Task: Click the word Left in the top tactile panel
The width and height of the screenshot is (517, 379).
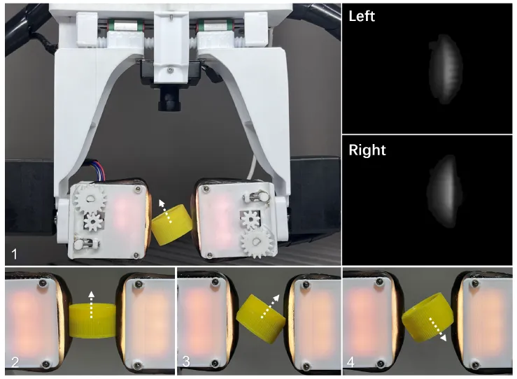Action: pos(362,16)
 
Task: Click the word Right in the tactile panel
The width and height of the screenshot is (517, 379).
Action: pos(367,150)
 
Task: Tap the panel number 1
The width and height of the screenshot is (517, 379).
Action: pos(14,254)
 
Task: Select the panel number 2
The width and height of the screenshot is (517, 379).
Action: pos(15,362)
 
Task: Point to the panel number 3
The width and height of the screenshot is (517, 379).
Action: pos(186,362)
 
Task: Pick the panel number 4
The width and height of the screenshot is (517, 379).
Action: pos(350,362)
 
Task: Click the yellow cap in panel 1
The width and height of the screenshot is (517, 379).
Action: pos(172,224)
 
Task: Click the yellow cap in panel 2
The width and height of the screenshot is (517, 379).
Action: pos(92,321)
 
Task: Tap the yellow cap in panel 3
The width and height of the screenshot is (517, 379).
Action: pos(260,318)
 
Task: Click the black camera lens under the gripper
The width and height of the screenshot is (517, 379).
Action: pos(169,100)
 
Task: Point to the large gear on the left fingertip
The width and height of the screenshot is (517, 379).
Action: pos(90,199)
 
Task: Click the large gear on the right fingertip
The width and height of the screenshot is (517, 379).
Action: pos(256,243)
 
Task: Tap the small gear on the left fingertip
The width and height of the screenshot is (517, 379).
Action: pos(92,222)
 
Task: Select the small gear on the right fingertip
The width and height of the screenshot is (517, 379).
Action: pos(250,220)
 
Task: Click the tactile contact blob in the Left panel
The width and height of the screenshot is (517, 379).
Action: pos(445,69)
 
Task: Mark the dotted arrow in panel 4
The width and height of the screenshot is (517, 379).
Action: pos(437,329)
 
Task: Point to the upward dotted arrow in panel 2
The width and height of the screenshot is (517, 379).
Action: pos(92,304)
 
